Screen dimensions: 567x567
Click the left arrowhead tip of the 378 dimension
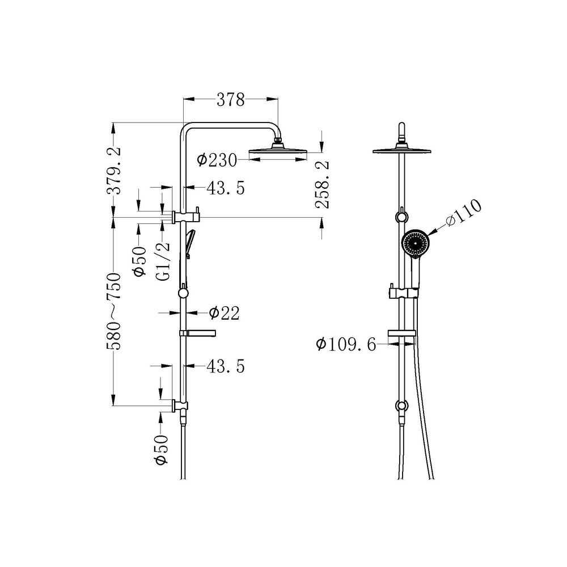pos(184,99)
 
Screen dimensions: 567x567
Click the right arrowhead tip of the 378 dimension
pos(278,99)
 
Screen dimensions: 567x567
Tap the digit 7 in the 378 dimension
pos(231,99)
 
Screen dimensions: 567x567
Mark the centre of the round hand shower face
pos(416,243)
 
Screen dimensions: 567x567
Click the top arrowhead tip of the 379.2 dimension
pos(113,123)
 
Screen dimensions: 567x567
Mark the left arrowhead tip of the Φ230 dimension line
pos(249,159)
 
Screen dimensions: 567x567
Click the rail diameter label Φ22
pos(224,313)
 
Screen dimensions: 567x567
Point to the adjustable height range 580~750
pos(114,311)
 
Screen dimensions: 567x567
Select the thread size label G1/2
pos(163,261)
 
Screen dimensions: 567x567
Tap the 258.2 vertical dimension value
pos(322,185)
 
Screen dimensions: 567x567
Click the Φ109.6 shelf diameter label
pos(346,344)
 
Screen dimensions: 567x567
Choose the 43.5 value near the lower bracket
pos(226,366)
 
